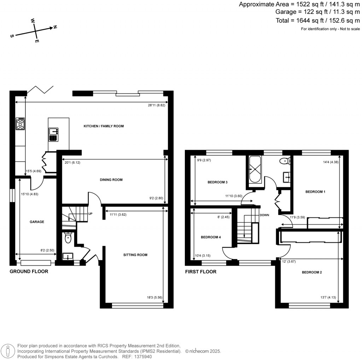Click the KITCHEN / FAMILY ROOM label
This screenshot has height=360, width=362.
(x=104, y=126)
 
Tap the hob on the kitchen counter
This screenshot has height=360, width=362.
(x=20, y=124)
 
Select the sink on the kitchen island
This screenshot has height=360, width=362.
(x=53, y=135)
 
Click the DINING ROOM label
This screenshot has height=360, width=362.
(x=111, y=180)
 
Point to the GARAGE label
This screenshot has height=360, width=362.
(x=37, y=222)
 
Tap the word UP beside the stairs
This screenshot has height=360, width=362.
(x=90, y=214)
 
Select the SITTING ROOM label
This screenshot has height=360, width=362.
(x=135, y=255)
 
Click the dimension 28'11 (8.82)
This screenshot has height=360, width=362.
(x=156, y=105)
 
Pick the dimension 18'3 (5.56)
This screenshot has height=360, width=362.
(x=154, y=297)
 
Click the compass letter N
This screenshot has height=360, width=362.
(x=55, y=27)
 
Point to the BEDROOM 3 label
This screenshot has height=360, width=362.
(x=217, y=182)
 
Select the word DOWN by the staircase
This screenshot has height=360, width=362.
(x=264, y=215)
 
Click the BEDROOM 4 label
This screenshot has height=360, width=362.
(x=211, y=237)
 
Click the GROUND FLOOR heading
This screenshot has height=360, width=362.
(x=29, y=272)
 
